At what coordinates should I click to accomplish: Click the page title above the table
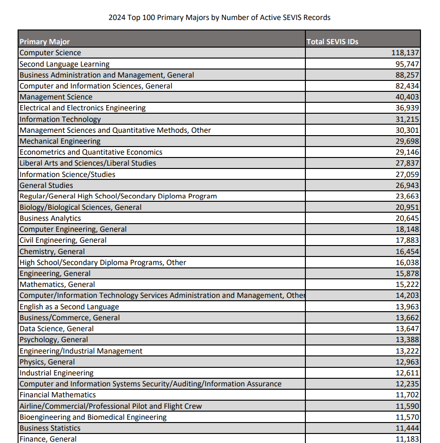[219, 18]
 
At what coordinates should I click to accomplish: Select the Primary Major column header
[45, 41]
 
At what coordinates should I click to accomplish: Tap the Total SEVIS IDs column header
[332, 41]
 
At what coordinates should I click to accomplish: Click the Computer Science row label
[50, 53]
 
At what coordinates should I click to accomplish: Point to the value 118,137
[405, 53]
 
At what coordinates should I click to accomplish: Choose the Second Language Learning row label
[64, 64]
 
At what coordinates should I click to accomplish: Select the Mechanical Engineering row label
[60, 141]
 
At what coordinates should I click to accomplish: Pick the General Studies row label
[46, 186]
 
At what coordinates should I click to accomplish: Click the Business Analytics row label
[50, 218]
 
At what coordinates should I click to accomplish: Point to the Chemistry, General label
[52, 252]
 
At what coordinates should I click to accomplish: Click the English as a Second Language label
[69, 307]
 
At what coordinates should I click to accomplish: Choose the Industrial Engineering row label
[56, 373]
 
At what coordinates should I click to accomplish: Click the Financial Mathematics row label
[58, 395]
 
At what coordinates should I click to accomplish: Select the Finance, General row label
[48, 439]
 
